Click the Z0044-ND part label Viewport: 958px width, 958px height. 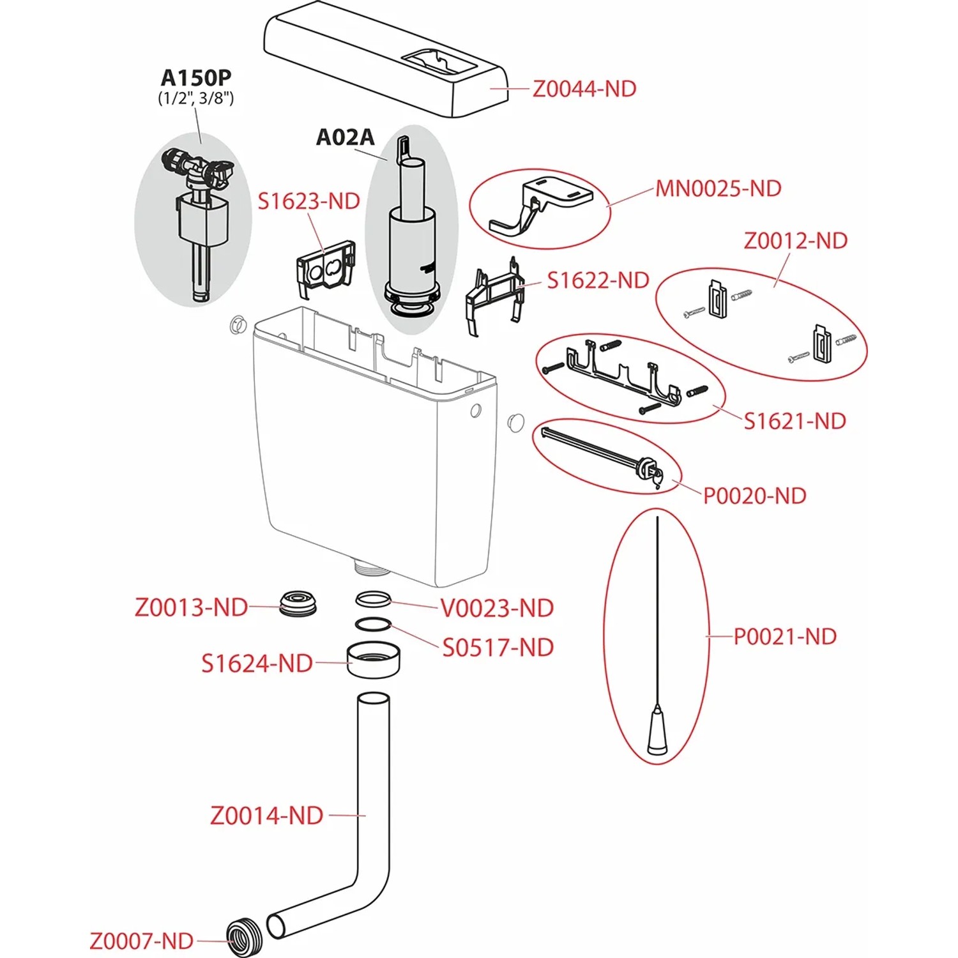[584, 89]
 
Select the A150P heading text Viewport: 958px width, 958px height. [196, 77]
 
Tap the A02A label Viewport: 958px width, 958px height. [346, 137]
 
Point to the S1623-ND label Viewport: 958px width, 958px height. [309, 201]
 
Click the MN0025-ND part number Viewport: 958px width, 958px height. [718, 188]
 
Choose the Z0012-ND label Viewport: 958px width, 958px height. [796, 241]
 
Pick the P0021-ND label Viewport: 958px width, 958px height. [785, 636]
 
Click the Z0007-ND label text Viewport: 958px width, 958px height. [141, 941]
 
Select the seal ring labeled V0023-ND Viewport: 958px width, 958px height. [373, 599]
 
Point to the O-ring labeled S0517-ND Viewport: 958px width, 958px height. [373, 624]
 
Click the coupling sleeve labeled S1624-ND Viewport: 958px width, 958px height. [374, 660]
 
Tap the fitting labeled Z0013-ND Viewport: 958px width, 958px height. [298, 604]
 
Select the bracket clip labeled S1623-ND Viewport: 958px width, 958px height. [326, 269]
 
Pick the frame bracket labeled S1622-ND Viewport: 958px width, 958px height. [494, 294]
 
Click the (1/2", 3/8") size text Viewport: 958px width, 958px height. [196, 98]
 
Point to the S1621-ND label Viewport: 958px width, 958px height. [795, 421]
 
